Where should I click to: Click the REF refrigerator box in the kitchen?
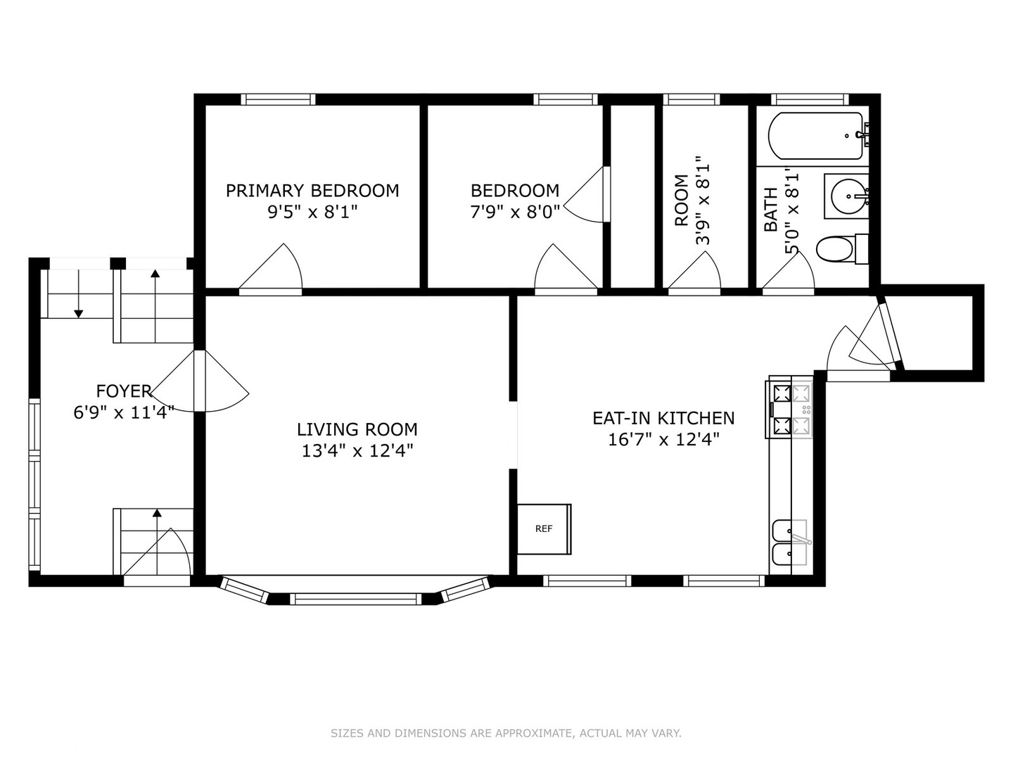tap(544, 529)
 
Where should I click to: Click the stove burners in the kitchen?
tap(791, 409)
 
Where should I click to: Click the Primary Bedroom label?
tap(312, 191)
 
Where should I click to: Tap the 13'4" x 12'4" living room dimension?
tap(357, 451)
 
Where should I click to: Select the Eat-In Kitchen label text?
tap(663, 418)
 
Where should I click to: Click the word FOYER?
tap(124, 391)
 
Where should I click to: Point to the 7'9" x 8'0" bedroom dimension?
tap(515, 212)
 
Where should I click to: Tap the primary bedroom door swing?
tap(273, 270)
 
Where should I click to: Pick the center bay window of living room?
tap(355, 599)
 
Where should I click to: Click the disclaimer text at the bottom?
tap(506, 733)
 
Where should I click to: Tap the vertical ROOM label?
tap(682, 201)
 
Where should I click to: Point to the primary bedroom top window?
tap(278, 99)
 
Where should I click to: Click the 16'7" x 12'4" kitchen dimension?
tap(663, 440)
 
